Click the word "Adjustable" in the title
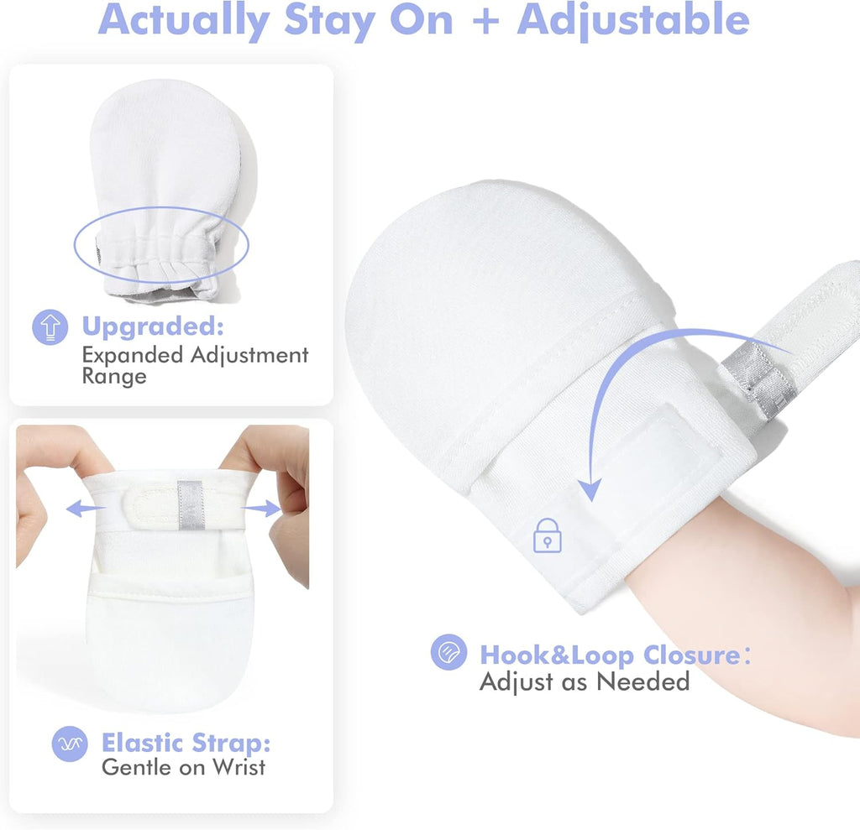tap(633, 21)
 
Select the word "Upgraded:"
tap(153, 326)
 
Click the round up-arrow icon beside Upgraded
tap(50, 327)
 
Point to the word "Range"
tap(114, 377)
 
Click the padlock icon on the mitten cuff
tap(548, 535)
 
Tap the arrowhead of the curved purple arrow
tap(590, 489)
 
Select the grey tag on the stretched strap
tap(191, 505)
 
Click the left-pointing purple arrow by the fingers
tap(86, 508)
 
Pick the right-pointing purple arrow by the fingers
tap(262, 509)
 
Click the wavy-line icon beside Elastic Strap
tap(70, 744)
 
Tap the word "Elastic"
tap(143, 743)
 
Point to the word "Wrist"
tap(239, 767)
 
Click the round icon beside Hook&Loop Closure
tap(448, 652)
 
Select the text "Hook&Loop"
tap(558, 655)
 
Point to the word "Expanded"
tap(133, 355)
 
